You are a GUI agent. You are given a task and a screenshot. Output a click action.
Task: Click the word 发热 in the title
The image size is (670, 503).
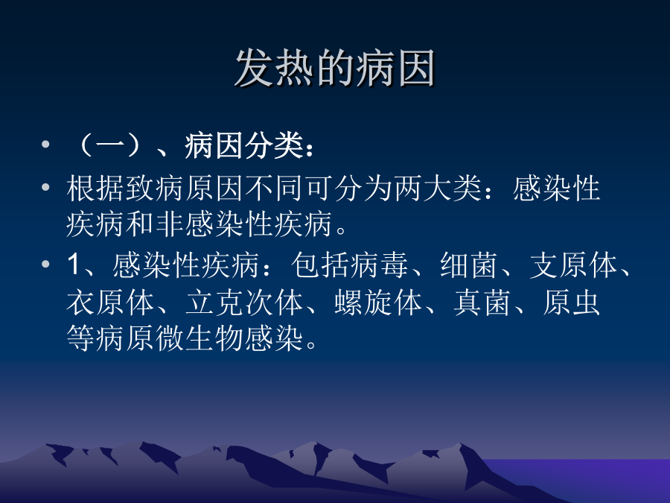pyautogui.click(x=275, y=68)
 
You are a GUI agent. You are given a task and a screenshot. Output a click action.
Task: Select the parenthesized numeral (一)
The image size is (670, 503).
pyautogui.click(x=110, y=146)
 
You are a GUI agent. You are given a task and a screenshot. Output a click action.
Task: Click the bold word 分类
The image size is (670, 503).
pyautogui.click(x=273, y=146)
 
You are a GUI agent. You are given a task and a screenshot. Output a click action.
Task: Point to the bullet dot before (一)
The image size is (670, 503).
pyautogui.click(x=45, y=145)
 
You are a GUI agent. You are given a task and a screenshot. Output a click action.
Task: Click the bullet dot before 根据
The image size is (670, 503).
pyautogui.click(x=45, y=187)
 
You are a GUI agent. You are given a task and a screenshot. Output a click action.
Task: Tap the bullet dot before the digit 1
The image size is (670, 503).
pyautogui.click(x=45, y=264)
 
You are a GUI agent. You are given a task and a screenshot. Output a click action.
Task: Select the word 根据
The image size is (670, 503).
pyautogui.click(x=96, y=189)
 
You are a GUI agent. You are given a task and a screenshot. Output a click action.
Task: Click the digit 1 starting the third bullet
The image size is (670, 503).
pyautogui.click(x=74, y=265)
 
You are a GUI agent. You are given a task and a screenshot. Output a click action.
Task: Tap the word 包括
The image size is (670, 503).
pyautogui.click(x=320, y=265)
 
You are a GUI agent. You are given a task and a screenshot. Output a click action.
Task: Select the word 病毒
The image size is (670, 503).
pyautogui.click(x=379, y=265)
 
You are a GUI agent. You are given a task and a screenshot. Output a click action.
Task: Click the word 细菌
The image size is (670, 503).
pyautogui.click(x=469, y=265)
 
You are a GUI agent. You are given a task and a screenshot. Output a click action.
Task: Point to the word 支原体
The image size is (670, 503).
pyautogui.click(x=573, y=265)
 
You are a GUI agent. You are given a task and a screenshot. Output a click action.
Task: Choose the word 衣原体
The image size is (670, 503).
pyautogui.click(x=110, y=303)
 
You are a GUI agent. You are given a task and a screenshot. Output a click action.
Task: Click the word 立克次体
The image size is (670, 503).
pyautogui.click(x=244, y=303)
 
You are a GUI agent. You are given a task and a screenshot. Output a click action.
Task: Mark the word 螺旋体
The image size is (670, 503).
pyautogui.click(x=379, y=303)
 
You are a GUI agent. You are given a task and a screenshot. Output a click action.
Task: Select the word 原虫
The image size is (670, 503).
pyautogui.click(x=572, y=303)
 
